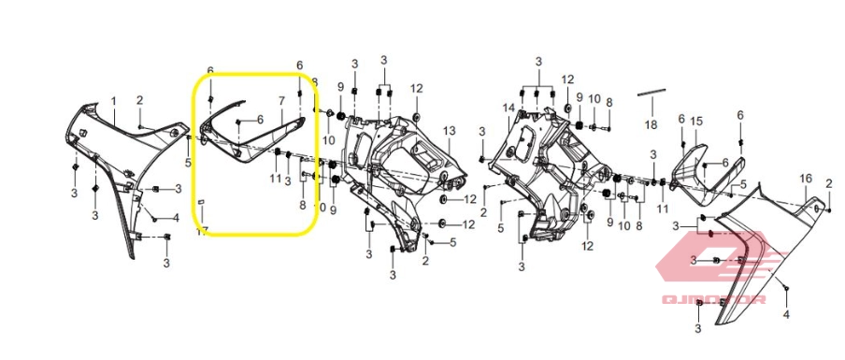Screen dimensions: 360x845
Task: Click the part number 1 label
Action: click(x=114, y=100)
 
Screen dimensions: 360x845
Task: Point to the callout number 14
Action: click(x=508, y=108)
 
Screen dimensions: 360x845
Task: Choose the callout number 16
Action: click(x=805, y=178)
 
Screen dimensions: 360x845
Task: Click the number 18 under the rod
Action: click(x=651, y=123)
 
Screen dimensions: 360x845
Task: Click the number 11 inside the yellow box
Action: click(x=276, y=178)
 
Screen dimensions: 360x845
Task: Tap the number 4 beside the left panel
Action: click(x=175, y=219)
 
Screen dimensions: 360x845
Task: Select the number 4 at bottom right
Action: click(x=786, y=315)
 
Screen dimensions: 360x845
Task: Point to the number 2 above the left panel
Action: click(x=139, y=100)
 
